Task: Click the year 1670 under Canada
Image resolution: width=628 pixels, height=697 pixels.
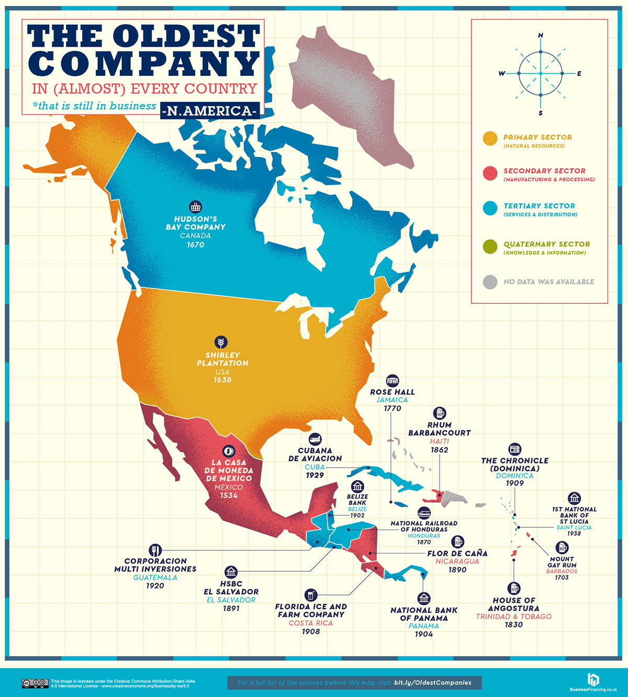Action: click(195, 245)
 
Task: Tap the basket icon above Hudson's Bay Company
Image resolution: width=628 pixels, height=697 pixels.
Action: click(195, 206)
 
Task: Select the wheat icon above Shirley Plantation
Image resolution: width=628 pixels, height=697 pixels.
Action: click(221, 342)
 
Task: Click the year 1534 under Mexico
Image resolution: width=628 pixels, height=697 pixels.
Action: click(229, 495)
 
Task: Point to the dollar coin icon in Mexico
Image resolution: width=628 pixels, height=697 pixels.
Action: click(228, 451)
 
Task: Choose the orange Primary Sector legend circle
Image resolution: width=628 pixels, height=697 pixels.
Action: click(490, 139)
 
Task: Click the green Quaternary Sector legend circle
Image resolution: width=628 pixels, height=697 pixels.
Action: click(490, 247)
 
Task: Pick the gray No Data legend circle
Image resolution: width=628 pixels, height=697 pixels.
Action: click(490, 282)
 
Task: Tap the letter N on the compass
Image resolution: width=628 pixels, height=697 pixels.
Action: click(541, 36)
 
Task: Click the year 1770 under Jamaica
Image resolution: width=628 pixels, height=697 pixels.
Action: click(392, 408)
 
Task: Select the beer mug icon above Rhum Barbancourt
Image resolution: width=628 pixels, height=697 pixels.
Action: click(439, 413)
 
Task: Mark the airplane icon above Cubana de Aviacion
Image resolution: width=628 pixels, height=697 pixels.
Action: click(315, 439)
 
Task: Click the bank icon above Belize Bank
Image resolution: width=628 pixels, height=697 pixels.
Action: click(357, 486)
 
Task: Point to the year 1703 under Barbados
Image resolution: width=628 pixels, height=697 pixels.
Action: click(562, 578)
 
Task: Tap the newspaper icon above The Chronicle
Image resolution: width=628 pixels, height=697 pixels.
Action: click(514, 449)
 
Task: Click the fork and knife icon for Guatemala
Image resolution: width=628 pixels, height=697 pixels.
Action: click(155, 550)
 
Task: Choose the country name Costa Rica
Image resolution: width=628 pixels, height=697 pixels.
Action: click(311, 623)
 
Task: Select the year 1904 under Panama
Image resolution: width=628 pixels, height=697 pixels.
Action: click(424, 634)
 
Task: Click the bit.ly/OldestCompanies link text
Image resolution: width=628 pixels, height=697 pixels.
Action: click(433, 683)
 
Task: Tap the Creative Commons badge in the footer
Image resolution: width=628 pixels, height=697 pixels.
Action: click(35, 683)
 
